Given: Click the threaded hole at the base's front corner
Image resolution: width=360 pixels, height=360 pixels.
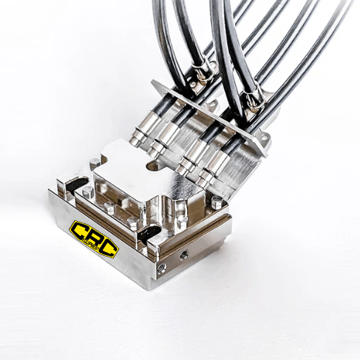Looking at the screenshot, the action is coord(162,267).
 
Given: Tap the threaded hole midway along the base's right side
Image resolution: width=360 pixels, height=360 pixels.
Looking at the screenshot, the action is coord(184,254).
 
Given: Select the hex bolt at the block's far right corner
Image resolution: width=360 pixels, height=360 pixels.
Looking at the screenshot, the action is coord(217,201).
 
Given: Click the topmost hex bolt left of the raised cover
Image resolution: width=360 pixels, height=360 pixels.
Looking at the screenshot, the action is coord(95,163).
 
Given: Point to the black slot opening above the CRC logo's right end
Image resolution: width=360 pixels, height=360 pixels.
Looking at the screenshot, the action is coord(149,232).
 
